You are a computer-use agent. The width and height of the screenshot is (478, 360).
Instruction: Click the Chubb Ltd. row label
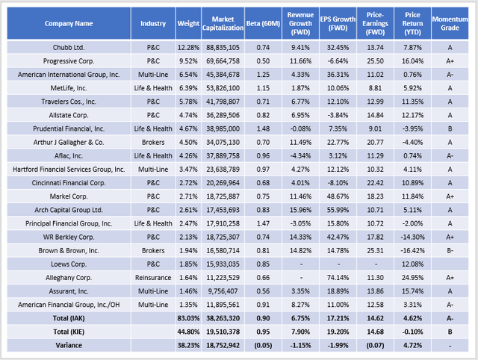click(x=69, y=46)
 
